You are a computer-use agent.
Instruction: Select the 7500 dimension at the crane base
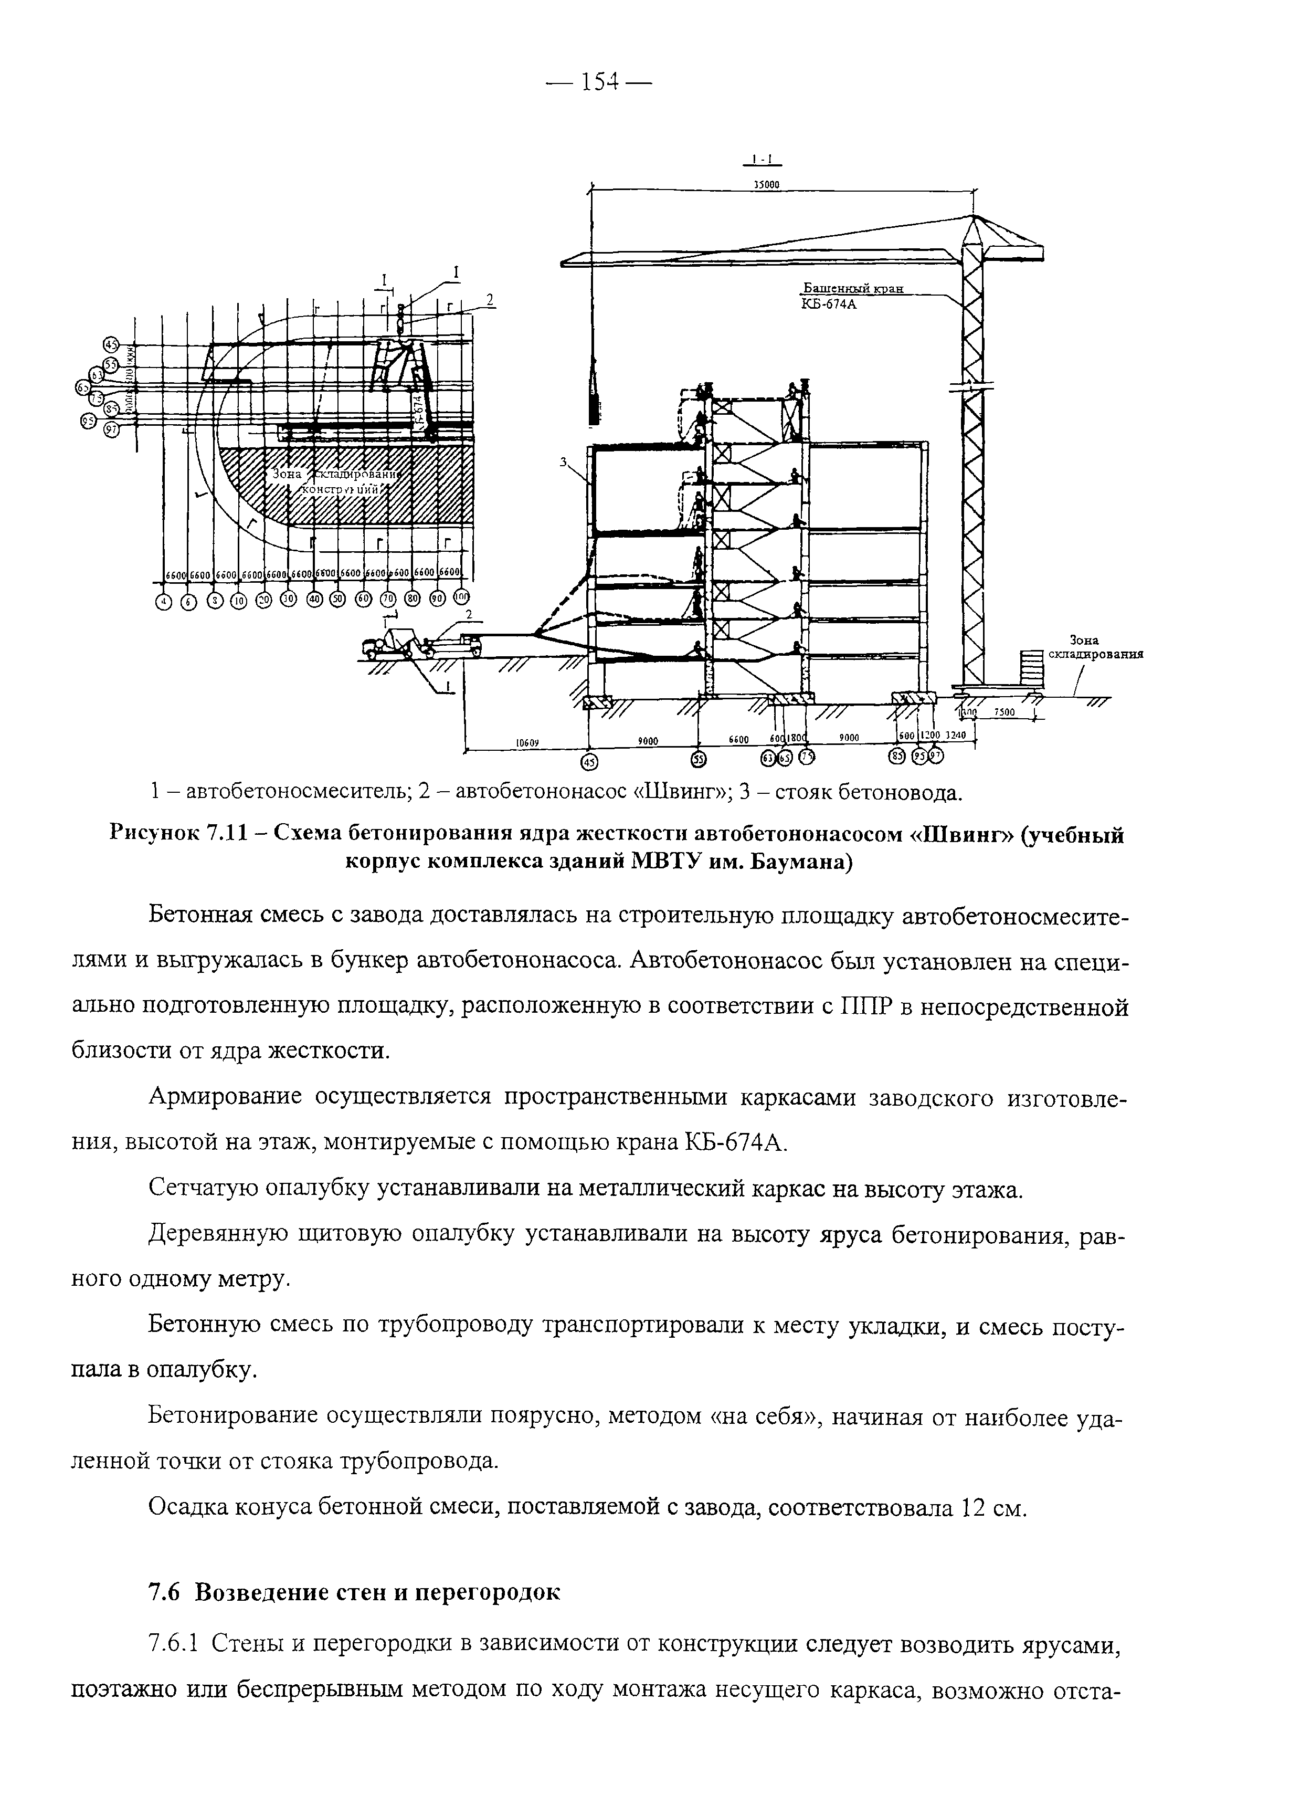pos(1005,712)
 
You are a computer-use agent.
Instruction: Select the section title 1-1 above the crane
pos(763,158)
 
